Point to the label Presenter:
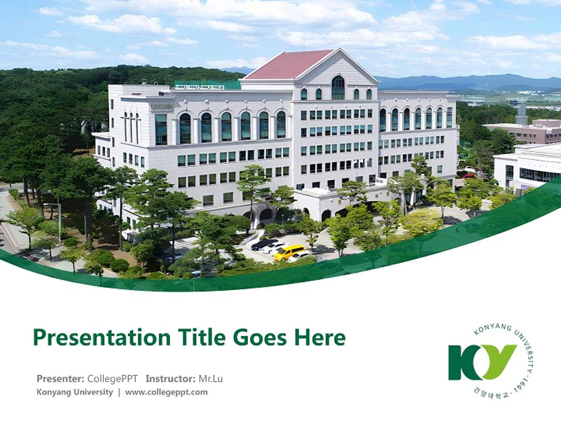click(60, 378)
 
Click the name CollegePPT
click(113, 378)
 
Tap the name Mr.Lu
click(210, 378)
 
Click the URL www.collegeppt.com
click(166, 392)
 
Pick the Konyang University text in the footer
click(74, 392)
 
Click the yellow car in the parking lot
click(289, 252)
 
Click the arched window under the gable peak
click(338, 88)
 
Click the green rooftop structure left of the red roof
click(207, 85)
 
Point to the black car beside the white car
click(264, 244)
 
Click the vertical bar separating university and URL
click(119, 392)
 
